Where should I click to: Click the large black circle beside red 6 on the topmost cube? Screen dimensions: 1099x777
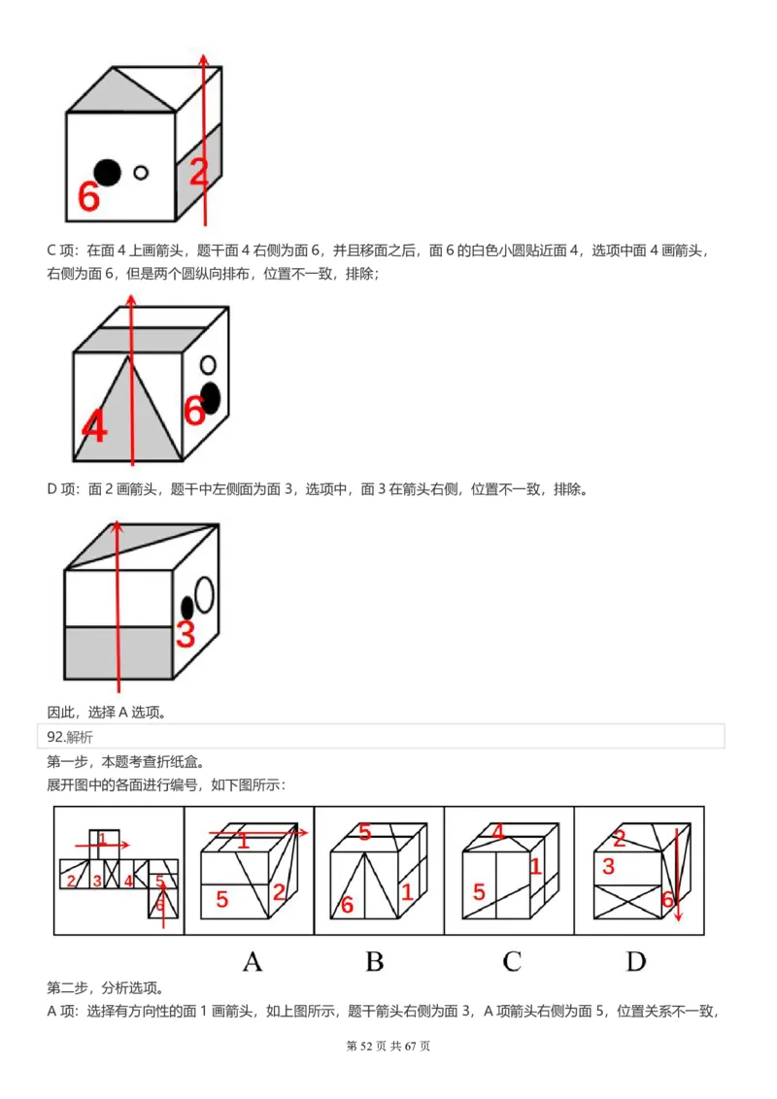pyautogui.click(x=108, y=172)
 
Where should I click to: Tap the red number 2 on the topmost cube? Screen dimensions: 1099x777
pyautogui.click(x=198, y=173)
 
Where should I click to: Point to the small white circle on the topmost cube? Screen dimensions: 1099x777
pyautogui.click(x=141, y=173)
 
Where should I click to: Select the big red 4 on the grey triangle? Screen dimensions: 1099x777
pyautogui.click(x=94, y=426)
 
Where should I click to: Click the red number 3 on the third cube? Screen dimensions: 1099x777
pyautogui.click(x=186, y=635)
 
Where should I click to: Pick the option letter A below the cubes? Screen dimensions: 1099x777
pyautogui.click(x=252, y=961)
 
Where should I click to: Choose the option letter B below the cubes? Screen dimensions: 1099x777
pyautogui.click(x=374, y=961)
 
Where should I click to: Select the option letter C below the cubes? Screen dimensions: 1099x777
pyautogui.click(x=512, y=961)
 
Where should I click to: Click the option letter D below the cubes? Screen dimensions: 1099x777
pyautogui.click(x=636, y=961)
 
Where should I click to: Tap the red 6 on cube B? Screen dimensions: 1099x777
pyautogui.click(x=347, y=905)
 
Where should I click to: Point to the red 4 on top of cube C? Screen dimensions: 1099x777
pyautogui.click(x=497, y=832)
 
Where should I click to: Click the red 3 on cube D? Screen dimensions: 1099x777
pyautogui.click(x=608, y=866)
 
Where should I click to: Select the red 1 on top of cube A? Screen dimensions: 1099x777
pyautogui.click(x=243, y=841)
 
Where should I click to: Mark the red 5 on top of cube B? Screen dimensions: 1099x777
pyautogui.click(x=364, y=832)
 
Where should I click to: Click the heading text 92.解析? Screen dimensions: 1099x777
pyautogui.click(x=70, y=737)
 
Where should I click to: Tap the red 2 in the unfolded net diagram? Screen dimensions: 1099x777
pyautogui.click(x=71, y=881)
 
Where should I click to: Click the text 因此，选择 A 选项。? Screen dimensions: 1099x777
pyautogui.click(x=107, y=713)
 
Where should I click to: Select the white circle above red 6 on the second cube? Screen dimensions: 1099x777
pyautogui.click(x=207, y=366)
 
